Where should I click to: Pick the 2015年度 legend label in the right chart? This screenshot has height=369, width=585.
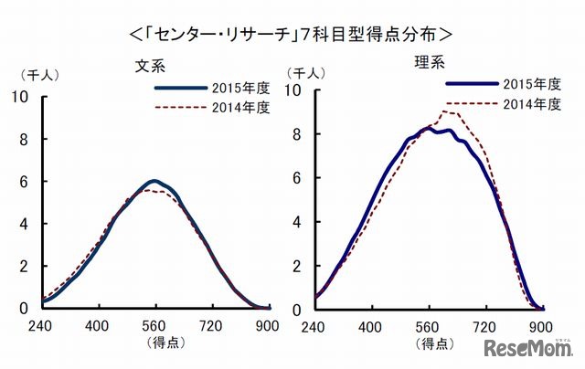pyautogui.click(x=530, y=83)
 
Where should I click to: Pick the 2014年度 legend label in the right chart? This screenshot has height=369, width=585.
pyautogui.click(x=530, y=103)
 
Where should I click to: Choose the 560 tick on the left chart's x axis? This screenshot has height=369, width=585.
pyautogui.click(x=154, y=327)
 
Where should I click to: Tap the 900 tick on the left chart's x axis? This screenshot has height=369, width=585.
pyautogui.click(x=267, y=327)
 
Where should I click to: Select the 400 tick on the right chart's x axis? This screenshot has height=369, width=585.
pyautogui.click(x=370, y=327)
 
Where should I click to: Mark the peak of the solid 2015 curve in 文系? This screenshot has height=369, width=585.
pyautogui.click(x=154, y=181)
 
